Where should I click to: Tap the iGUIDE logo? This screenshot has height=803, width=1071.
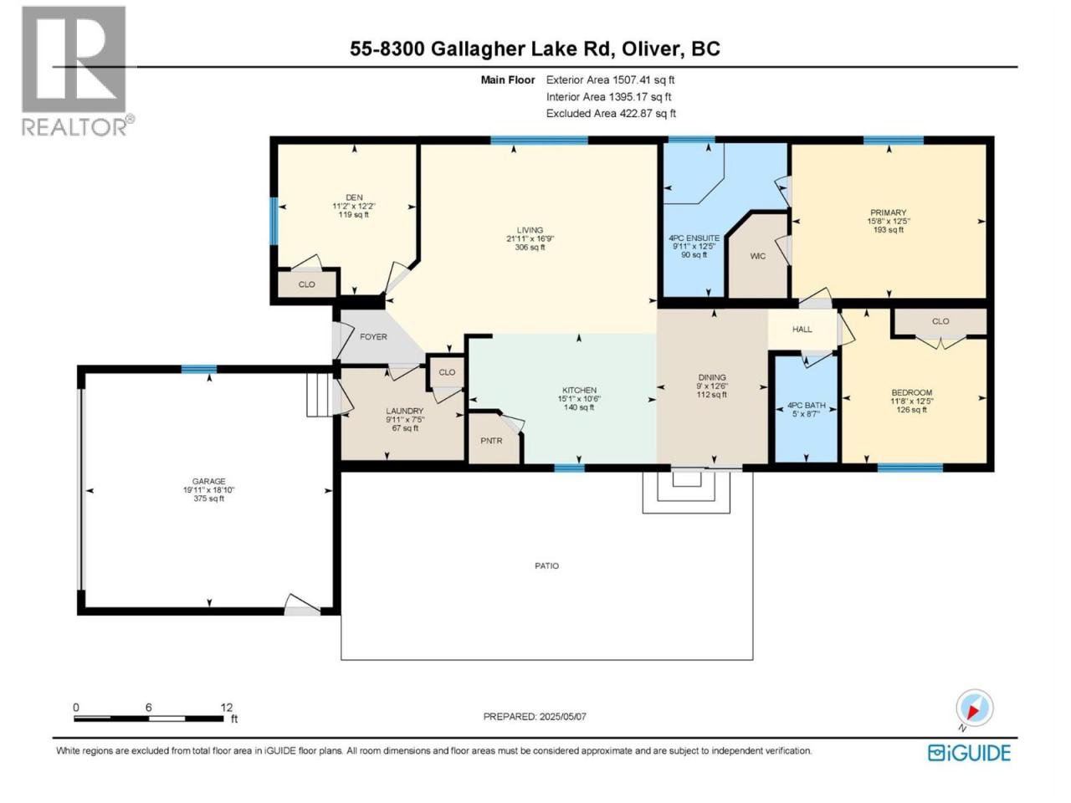(x=969, y=753)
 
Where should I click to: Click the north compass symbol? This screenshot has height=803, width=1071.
(x=974, y=708)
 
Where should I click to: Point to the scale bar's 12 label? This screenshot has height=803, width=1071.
(x=227, y=707)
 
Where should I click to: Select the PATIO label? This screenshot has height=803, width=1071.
(x=546, y=566)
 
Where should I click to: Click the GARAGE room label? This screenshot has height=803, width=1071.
(x=208, y=481)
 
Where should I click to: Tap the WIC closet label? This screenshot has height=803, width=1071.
(x=758, y=257)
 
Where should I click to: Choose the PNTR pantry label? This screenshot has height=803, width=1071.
(x=491, y=441)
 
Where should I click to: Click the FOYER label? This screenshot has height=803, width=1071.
(x=373, y=337)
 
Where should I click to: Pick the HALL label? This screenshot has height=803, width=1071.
(x=802, y=330)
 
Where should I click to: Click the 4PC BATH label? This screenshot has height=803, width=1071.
(x=807, y=405)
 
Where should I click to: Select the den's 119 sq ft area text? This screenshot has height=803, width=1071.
(x=354, y=214)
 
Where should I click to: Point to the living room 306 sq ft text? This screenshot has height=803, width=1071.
(x=530, y=248)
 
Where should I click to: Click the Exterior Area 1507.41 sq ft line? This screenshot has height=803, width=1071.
(x=611, y=80)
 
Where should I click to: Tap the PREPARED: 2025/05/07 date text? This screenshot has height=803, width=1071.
(x=535, y=717)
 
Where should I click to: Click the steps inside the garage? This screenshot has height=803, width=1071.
(x=320, y=395)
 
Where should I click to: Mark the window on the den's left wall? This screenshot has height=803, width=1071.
(x=274, y=222)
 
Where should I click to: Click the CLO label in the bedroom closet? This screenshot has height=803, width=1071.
(x=940, y=321)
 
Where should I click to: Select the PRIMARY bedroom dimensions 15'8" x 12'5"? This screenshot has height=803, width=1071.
(x=888, y=221)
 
